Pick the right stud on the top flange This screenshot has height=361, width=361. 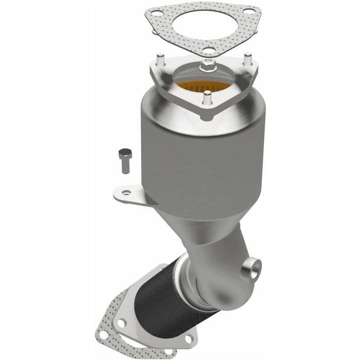pyautogui.click(x=248, y=60)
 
